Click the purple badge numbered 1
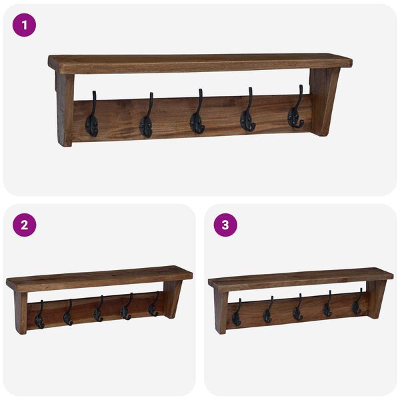tap(24, 25)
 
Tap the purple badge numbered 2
tap(24, 225)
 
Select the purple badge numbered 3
tap(225, 225)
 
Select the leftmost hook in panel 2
tap(39, 316)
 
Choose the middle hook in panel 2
tap(98, 311)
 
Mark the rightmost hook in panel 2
tap(153, 306)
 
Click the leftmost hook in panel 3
tap(237, 313)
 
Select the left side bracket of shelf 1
tap(65, 109)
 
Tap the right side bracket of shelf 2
tap(173, 298)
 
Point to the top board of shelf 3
tap(300, 277)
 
